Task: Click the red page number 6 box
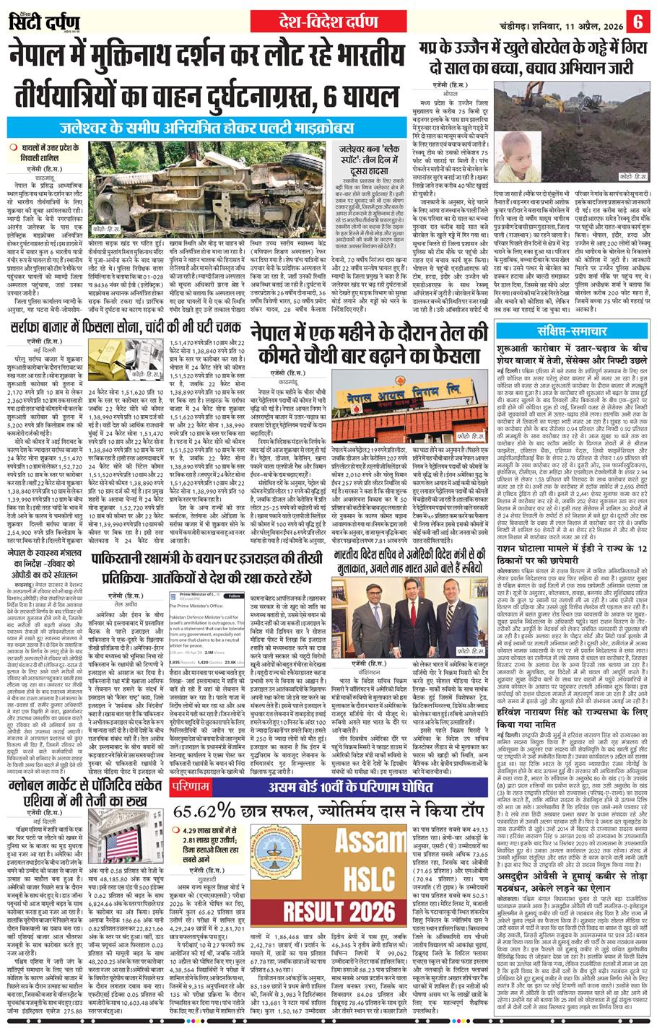tap(638, 21)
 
